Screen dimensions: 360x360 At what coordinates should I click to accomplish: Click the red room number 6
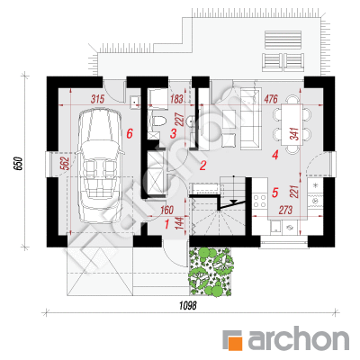pyautogui.click(x=130, y=133)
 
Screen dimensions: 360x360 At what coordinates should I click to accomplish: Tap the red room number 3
pyautogui.click(x=173, y=133)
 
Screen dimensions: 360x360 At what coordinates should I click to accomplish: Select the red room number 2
pyautogui.click(x=203, y=166)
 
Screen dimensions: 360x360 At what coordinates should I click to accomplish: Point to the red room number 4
pyautogui.click(x=275, y=155)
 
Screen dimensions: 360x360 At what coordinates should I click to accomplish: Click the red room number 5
pyautogui.click(x=275, y=193)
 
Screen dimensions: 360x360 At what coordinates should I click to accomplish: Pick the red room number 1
pyautogui.click(x=167, y=224)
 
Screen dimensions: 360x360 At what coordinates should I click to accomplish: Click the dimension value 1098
pyautogui.click(x=188, y=306)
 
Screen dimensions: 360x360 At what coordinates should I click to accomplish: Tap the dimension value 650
pyautogui.click(x=19, y=163)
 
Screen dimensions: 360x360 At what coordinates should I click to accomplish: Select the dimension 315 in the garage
pyautogui.click(x=97, y=99)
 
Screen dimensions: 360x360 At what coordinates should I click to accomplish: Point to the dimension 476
pyautogui.click(x=271, y=99)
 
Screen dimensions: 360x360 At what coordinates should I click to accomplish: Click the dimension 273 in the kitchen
pyautogui.click(x=285, y=210)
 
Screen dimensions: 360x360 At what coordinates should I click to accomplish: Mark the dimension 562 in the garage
pyautogui.click(x=67, y=164)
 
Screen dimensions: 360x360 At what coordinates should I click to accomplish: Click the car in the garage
pyautogui.click(x=100, y=166)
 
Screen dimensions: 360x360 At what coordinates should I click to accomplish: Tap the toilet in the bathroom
pyautogui.click(x=157, y=123)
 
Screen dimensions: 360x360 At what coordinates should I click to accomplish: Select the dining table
pyautogui.click(x=292, y=124)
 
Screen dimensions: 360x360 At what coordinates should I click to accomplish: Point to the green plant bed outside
pyautogui.click(x=211, y=271)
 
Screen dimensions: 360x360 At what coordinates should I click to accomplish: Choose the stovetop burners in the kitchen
pyautogui.click(x=260, y=201)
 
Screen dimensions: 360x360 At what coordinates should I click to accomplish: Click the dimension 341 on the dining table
pyautogui.click(x=295, y=134)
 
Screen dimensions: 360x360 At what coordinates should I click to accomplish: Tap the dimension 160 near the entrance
pyautogui.click(x=166, y=210)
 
